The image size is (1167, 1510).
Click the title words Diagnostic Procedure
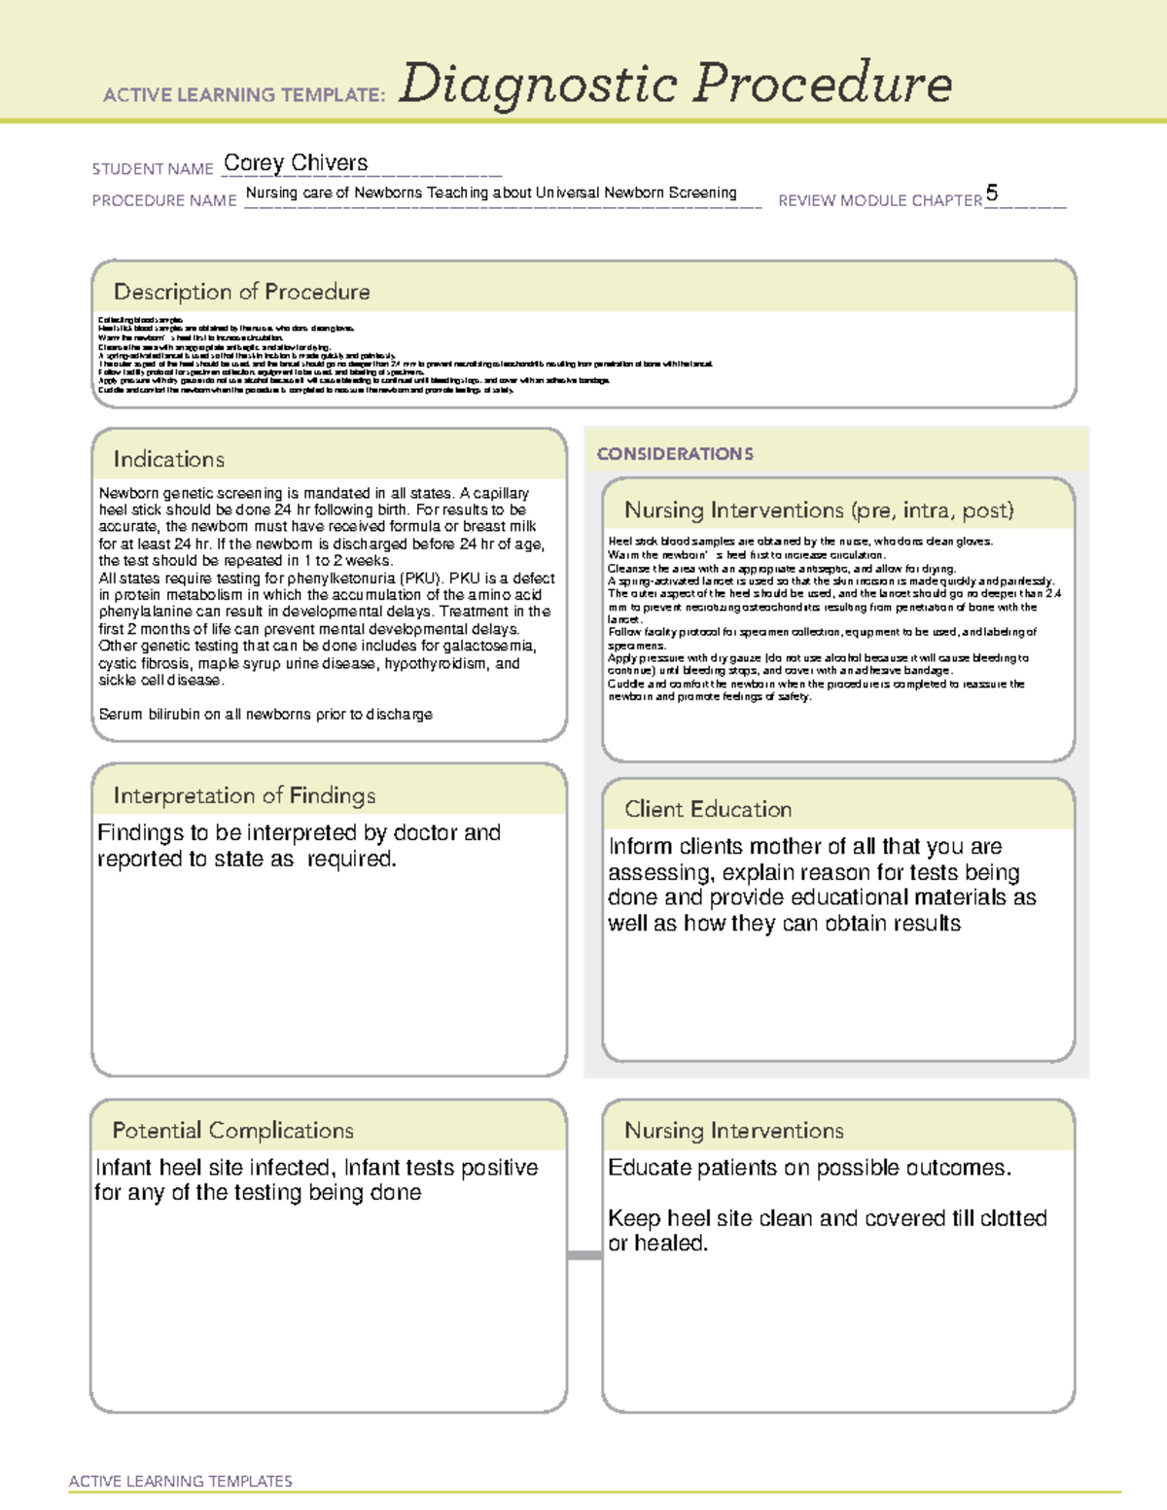pos(675,84)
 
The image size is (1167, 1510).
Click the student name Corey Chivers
pos(296,163)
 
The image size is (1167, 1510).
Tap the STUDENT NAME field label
pos(153,169)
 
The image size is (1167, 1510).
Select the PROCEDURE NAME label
pos(164,200)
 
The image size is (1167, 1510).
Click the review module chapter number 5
pos(991,193)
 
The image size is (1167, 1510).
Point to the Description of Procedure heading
pos(241,292)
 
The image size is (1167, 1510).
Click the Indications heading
pos(168,459)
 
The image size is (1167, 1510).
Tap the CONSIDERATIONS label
pos(675,454)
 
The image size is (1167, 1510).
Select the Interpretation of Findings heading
pos(244,795)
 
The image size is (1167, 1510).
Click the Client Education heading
pos(708,809)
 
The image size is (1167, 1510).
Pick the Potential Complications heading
pos(232,1130)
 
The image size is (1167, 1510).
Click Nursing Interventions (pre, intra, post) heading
pos(819,510)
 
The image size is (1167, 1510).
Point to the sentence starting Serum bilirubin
pos(265,714)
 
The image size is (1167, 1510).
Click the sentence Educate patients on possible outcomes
pos(809,1168)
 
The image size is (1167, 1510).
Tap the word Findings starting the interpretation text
pos(140,833)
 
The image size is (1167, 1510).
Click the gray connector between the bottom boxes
pos(583,1255)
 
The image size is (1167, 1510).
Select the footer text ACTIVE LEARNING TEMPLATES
pos(180,1481)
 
